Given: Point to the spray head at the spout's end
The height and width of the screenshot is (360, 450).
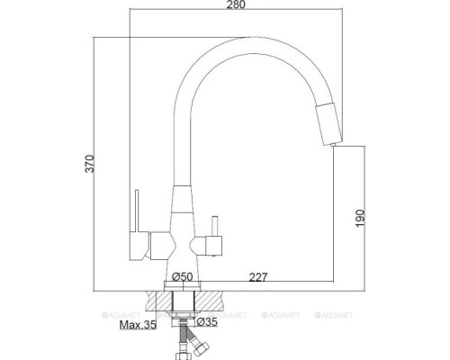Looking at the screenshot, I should pyautogui.click(x=329, y=121).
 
